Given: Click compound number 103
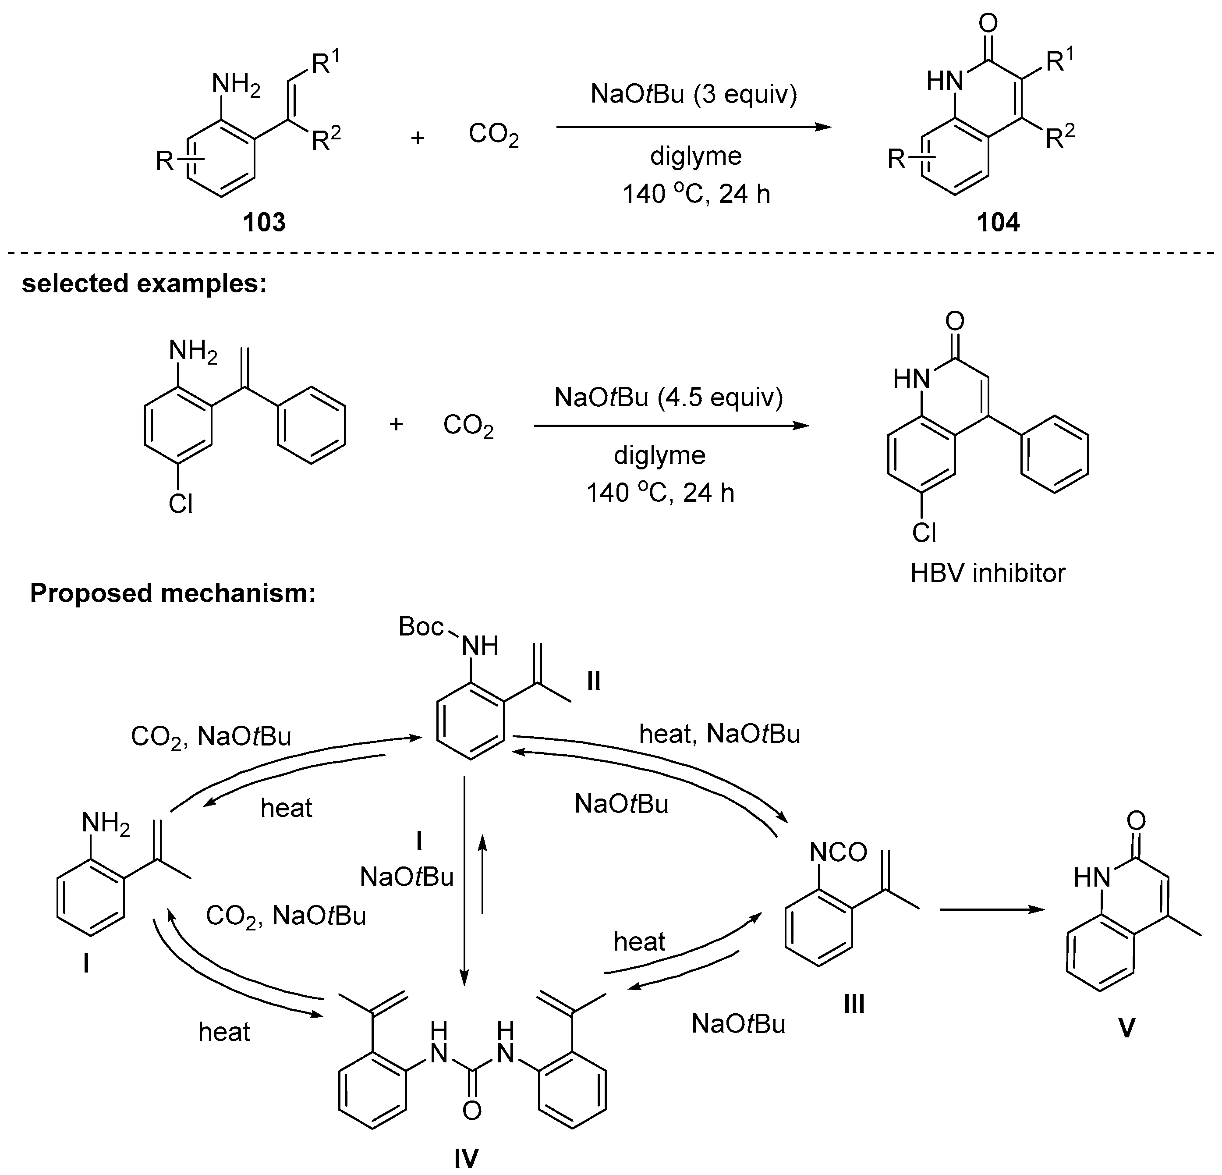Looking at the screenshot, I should [264, 223].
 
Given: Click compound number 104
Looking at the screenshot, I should [998, 223].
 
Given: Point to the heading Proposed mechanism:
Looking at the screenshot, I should [173, 593].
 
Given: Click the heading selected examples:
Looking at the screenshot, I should [144, 284].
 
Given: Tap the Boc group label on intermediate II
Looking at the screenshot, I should [421, 627].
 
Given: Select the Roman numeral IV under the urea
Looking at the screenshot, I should [466, 1159].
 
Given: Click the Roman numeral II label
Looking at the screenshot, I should [594, 682].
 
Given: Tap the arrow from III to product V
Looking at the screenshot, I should [992, 910].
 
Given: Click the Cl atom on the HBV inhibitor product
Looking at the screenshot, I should [924, 532].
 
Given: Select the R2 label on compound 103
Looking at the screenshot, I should [326, 139].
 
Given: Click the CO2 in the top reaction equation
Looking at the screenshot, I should [493, 135].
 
